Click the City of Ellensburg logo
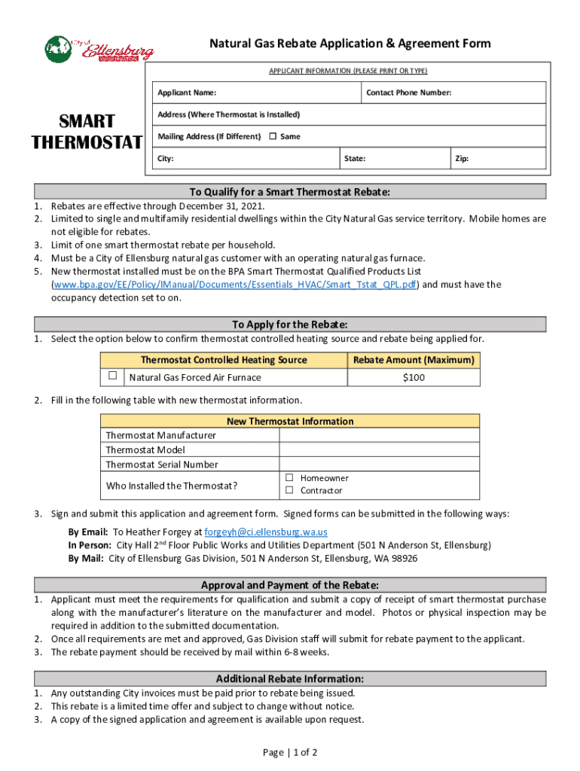coord(99,50)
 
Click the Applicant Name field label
coord(187,93)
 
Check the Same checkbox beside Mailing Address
coord(273,136)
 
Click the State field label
coord(355,159)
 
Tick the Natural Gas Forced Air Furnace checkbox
coord(112,376)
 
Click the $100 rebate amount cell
coord(414,376)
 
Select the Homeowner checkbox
coord(288,478)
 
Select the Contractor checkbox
coord(288,491)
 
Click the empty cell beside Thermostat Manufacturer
coord(379,435)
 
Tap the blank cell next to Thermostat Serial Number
coord(379,465)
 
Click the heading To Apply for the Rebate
coord(290,324)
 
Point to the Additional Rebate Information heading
coord(290,678)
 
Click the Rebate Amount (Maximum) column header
coord(414,360)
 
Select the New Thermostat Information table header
coord(290,421)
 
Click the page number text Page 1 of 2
coord(290,752)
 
